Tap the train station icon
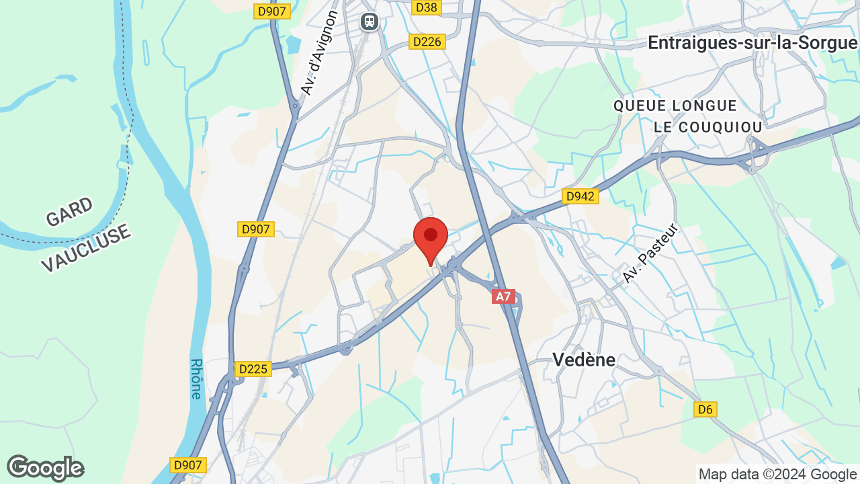pyautogui.click(x=369, y=22)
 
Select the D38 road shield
pyautogui.click(x=426, y=7)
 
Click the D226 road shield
pyautogui.click(x=427, y=42)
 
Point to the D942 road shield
pyautogui.click(x=579, y=196)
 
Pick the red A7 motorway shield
pyautogui.click(x=503, y=296)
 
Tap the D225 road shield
pyautogui.click(x=253, y=369)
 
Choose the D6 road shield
pyautogui.click(x=705, y=409)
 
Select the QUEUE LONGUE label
pyautogui.click(x=675, y=106)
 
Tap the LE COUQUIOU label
pyautogui.click(x=708, y=127)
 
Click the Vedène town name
pyautogui.click(x=584, y=360)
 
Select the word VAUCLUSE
pyautogui.click(x=85, y=249)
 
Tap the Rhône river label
pyautogui.click(x=196, y=378)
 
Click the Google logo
pyautogui.click(x=45, y=468)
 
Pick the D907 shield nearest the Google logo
pyautogui.click(x=187, y=465)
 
